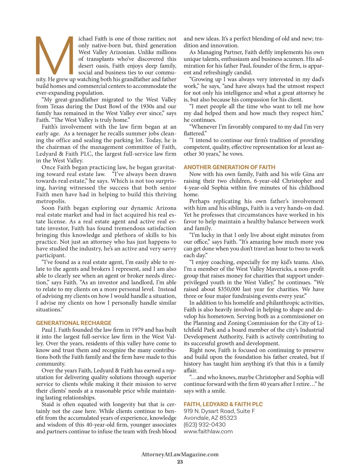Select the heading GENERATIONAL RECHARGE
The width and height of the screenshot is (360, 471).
73,323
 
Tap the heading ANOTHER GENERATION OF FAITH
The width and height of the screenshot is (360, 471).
229,167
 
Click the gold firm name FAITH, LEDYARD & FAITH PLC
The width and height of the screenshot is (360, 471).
223,405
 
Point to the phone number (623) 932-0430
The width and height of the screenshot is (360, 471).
204,425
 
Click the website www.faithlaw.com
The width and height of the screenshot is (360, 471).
208,432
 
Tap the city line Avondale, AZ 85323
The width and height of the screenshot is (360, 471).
210,418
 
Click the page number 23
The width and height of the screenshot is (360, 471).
180,462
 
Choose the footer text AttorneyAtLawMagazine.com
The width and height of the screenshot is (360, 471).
180,454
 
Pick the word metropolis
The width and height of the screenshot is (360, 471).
51,201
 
